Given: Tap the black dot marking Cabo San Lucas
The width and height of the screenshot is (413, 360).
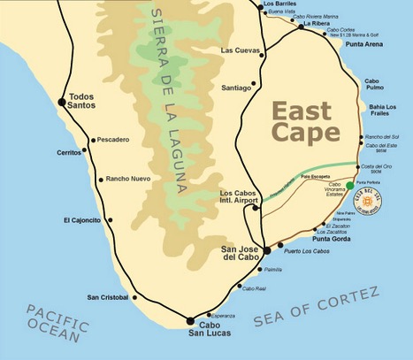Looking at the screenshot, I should click(190, 320).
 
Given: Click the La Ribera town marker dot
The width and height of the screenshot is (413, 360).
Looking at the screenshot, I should click(302, 27).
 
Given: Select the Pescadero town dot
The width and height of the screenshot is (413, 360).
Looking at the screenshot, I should click(92, 139).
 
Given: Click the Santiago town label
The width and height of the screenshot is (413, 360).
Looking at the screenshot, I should click(237, 88).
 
